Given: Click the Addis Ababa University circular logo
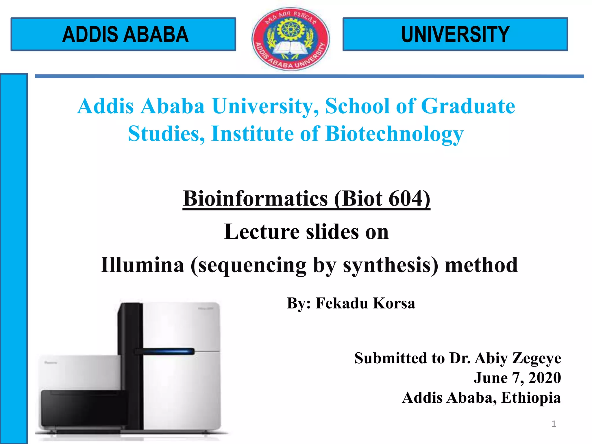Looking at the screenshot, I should click(x=291, y=39).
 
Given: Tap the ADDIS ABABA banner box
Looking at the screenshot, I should click(x=123, y=34).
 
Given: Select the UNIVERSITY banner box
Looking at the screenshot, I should click(x=455, y=34).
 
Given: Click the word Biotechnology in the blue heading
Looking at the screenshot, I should click(x=394, y=134).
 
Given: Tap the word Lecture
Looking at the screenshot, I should click(x=262, y=232).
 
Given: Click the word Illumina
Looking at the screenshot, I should click(x=142, y=265).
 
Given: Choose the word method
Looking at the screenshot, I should click(x=481, y=265).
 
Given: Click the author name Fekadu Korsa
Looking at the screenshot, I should click(x=365, y=303).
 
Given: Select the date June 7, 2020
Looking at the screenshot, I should click(x=517, y=378).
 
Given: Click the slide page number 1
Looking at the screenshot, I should click(x=554, y=424).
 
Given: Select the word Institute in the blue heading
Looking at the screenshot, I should click(x=252, y=134).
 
